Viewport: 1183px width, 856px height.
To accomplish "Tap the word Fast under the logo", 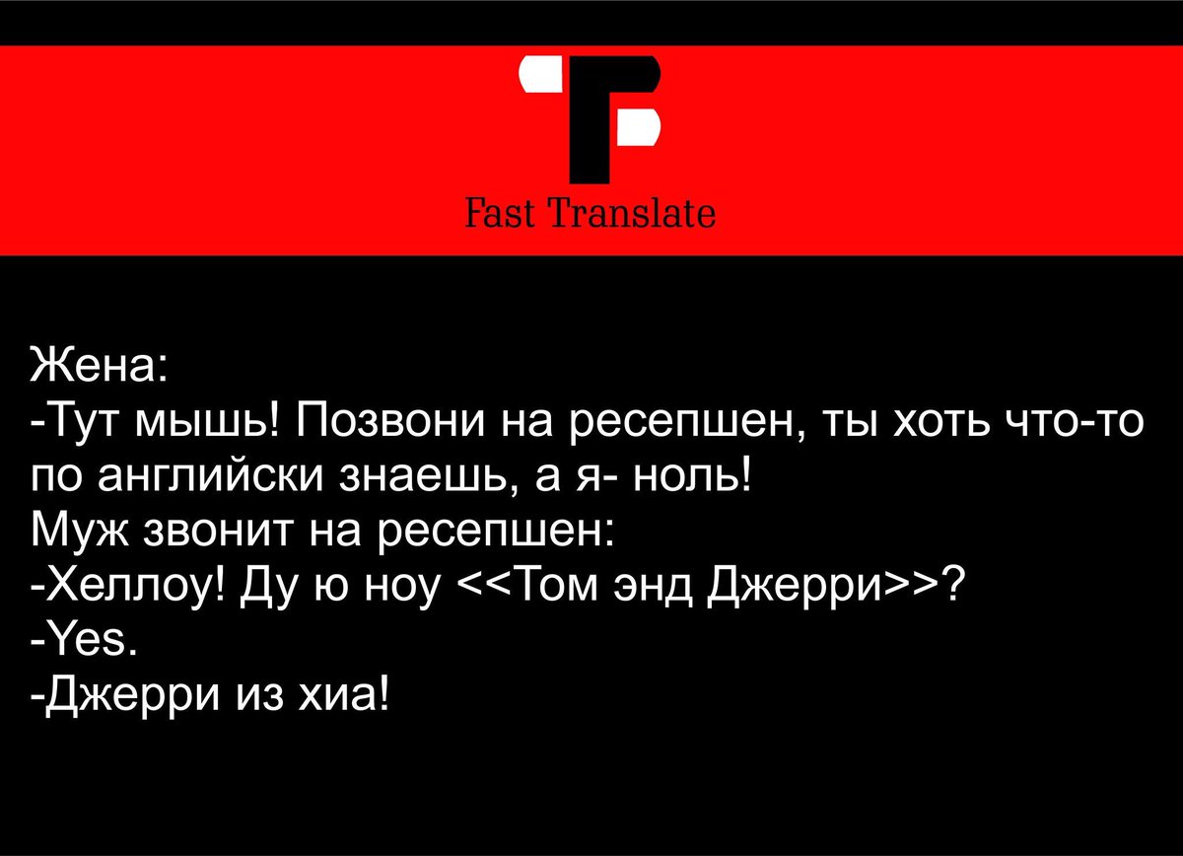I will (x=498, y=212).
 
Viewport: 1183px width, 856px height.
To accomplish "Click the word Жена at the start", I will (x=94, y=367).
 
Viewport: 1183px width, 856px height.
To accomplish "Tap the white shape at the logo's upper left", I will (x=540, y=77).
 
